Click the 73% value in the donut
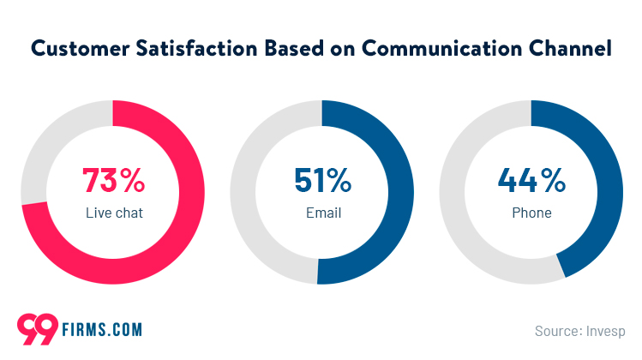click(113, 181)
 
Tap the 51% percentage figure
click(321, 181)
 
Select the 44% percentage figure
click(531, 181)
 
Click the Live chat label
click(113, 213)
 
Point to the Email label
click(322, 213)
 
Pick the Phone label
click(531, 213)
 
